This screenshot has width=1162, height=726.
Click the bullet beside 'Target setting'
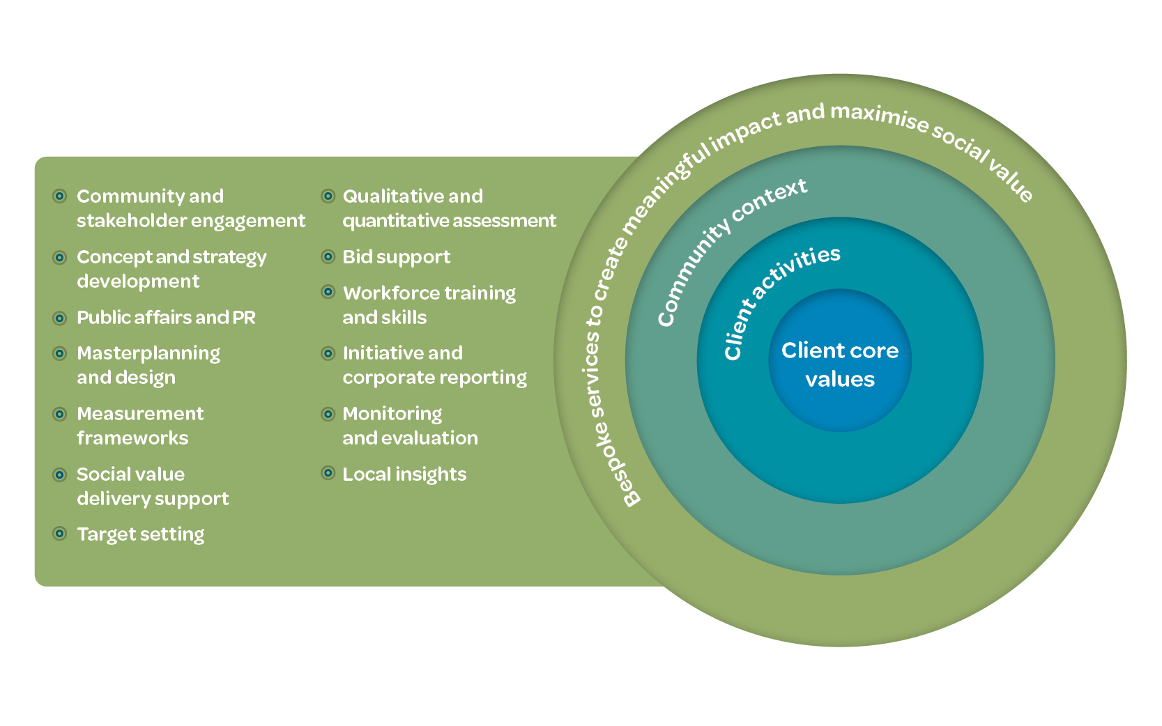click(x=60, y=534)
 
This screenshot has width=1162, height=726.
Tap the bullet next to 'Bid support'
click(x=328, y=256)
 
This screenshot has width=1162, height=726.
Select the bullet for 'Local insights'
click(x=328, y=474)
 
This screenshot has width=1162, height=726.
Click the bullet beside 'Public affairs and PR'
click(x=60, y=318)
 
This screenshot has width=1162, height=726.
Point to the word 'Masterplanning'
click(x=148, y=353)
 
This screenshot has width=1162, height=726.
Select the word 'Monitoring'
click(x=392, y=414)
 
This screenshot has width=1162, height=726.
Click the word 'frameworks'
click(x=132, y=438)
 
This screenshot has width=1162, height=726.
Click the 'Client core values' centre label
click(x=840, y=364)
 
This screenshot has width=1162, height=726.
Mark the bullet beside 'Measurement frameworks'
click(x=60, y=414)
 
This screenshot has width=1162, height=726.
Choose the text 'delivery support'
click(x=153, y=499)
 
